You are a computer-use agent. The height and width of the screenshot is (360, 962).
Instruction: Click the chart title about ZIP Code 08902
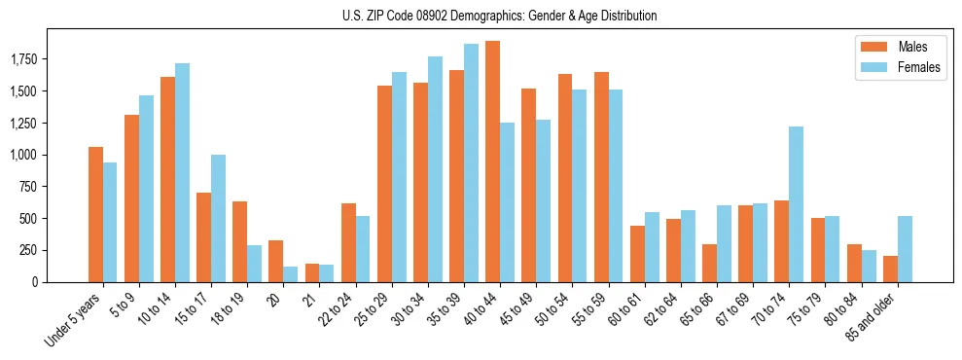coord(499,16)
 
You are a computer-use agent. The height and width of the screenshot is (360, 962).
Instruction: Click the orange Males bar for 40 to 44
coord(492,162)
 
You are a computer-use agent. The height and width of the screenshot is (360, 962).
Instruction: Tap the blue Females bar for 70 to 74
coord(796,204)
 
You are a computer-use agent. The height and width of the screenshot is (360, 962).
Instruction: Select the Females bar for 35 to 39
coord(471,162)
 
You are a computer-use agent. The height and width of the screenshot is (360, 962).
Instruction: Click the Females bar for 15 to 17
coord(218,218)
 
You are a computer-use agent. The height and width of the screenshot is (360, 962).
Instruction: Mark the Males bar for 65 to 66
coord(709,263)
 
